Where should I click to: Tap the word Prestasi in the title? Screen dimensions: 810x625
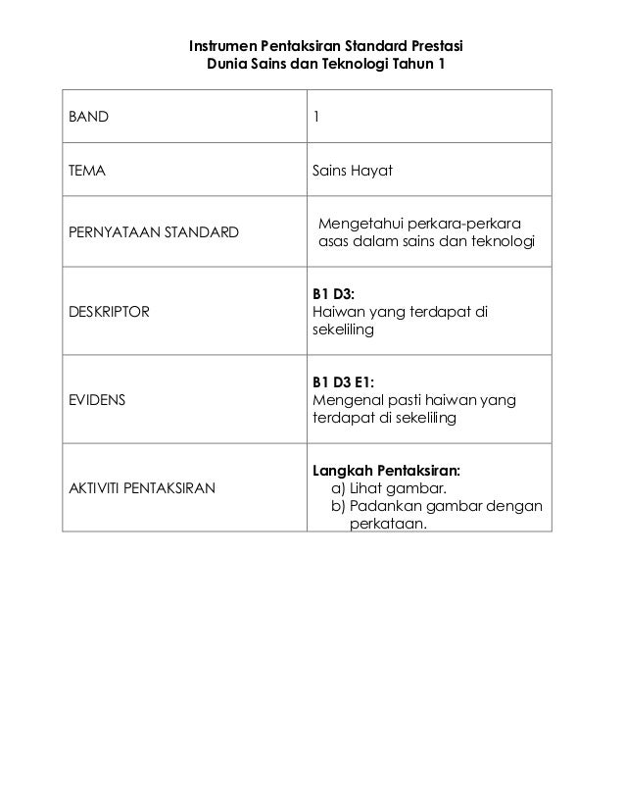pos(434,46)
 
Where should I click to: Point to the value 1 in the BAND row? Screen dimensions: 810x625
pos(315,117)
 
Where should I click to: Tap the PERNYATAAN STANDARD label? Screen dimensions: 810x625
pos(153,232)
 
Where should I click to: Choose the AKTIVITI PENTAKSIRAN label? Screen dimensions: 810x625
pos(141,487)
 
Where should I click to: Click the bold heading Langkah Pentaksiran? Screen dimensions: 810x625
pos(387,470)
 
